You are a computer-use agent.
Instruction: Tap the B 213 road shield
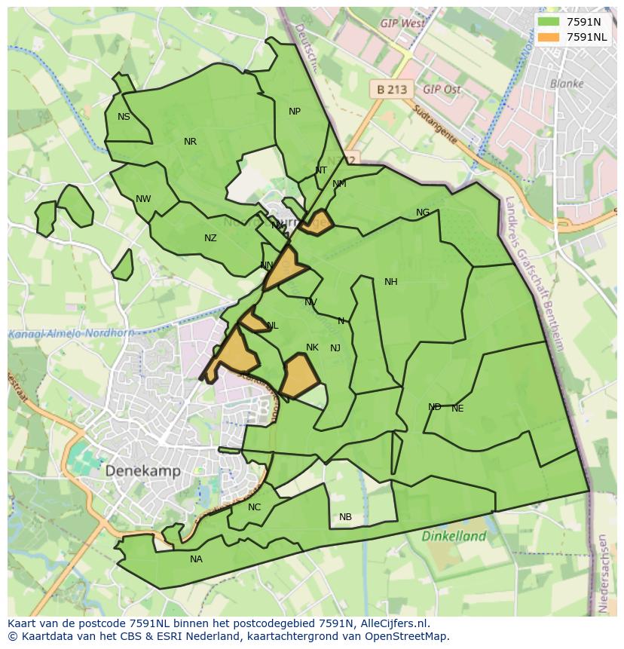tap(392, 90)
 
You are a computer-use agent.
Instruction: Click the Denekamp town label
tap(143, 470)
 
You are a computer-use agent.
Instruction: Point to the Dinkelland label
tap(454, 537)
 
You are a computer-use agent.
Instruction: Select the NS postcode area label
tap(124, 117)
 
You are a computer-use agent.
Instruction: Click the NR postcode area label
tap(190, 142)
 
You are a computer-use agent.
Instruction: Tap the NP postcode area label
tap(295, 112)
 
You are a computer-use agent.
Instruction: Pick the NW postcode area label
tap(143, 199)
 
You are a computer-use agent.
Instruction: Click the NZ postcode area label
tap(210, 238)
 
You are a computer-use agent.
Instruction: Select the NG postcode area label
tap(423, 213)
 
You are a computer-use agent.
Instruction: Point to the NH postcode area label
tap(390, 282)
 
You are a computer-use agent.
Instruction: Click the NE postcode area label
tap(457, 409)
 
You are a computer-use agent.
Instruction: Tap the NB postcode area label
tap(345, 517)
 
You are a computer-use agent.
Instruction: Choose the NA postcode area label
tap(196, 559)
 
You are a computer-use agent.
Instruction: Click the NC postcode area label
tap(254, 507)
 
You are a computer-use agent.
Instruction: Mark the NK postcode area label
tap(312, 347)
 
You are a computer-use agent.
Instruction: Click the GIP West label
tap(402, 23)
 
